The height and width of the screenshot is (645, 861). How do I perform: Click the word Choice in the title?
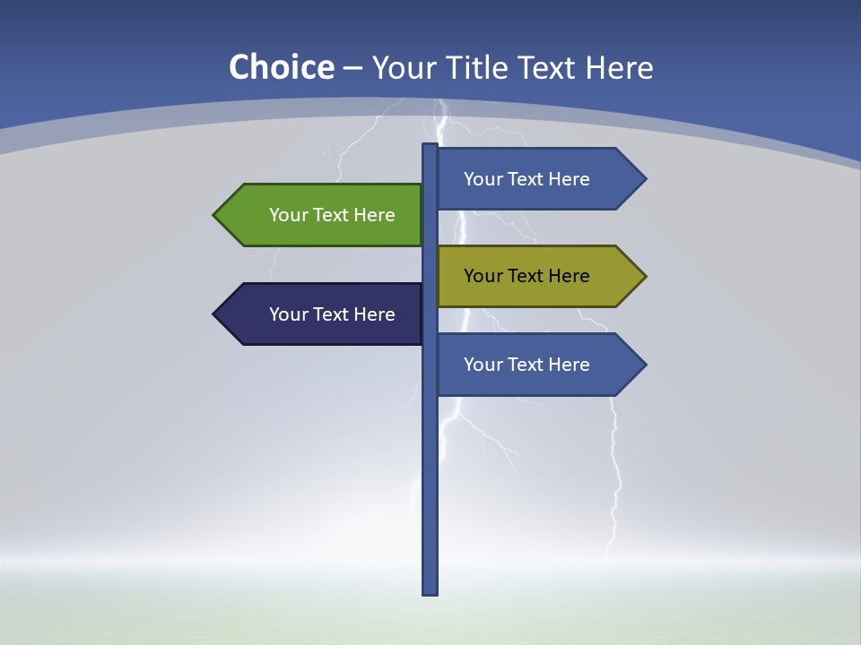coord(281,67)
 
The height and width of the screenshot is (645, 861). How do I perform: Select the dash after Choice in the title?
coord(352,69)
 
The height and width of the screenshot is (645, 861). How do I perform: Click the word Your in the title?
coord(403,67)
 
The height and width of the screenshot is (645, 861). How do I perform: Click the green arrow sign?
coord(323,215)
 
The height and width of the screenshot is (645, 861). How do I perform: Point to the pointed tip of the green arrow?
coord(215,215)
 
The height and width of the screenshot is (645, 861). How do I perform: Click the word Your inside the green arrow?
coord(288,215)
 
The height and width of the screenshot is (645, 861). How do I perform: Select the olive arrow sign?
coord(538,276)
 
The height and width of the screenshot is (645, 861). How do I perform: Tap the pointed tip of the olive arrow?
coord(645,276)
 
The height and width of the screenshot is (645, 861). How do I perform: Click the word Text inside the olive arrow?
coord(527,276)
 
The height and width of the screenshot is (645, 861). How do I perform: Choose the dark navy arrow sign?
coord(323,314)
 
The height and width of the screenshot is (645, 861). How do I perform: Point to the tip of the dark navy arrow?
coord(215,314)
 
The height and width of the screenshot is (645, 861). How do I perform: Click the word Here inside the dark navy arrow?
coord(375,314)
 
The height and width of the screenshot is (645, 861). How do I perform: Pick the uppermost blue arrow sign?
coord(538,179)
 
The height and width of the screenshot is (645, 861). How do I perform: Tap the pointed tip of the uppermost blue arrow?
coord(645,179)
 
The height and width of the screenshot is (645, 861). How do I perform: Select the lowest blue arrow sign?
coord(538,365)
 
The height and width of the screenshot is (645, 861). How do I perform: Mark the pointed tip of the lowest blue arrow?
coord(645,365)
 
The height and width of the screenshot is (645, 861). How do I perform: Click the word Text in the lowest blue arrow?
coord(527,365)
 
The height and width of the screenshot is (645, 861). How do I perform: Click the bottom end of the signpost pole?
coord(430,591)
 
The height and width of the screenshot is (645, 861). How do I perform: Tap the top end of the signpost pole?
coord(430,147)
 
